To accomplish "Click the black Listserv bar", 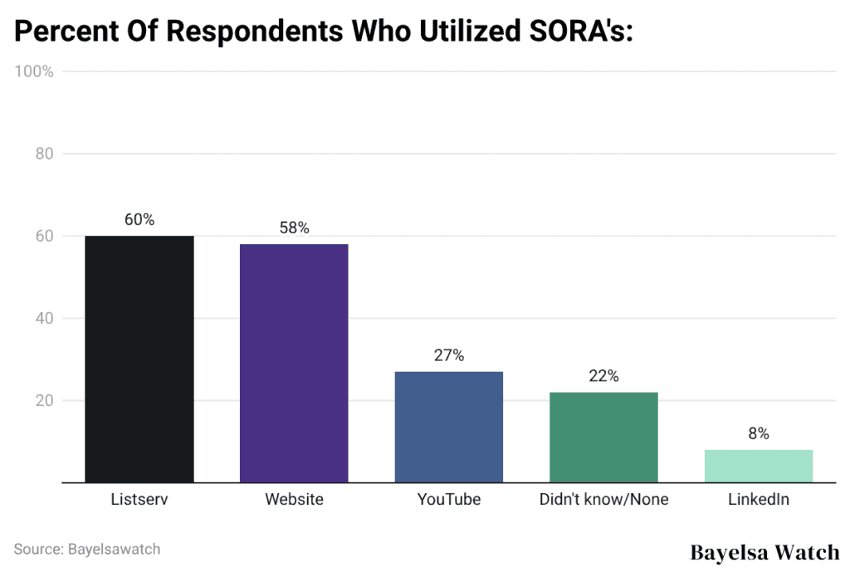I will [139, 359].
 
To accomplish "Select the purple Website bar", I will [294, 363].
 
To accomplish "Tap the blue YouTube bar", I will [448, 427].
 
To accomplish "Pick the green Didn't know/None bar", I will [603, 437].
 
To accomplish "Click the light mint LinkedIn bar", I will [758, 466].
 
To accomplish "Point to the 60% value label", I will [139, 220].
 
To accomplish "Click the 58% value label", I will [294, 228].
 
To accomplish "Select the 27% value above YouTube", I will [448, 355].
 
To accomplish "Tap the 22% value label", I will [603, 376].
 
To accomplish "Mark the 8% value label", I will [758, 433].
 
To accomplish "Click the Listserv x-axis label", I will [139, 500].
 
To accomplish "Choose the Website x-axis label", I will [294, 500].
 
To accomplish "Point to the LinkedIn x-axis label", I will [758, 500].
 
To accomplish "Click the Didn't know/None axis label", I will [603, 500].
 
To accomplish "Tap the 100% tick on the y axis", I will [34, 71].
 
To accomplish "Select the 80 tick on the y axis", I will [44, 154].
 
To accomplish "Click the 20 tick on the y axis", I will [44, 401].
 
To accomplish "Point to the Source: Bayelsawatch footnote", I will [87, 549].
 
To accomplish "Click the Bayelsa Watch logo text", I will [765, 552].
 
